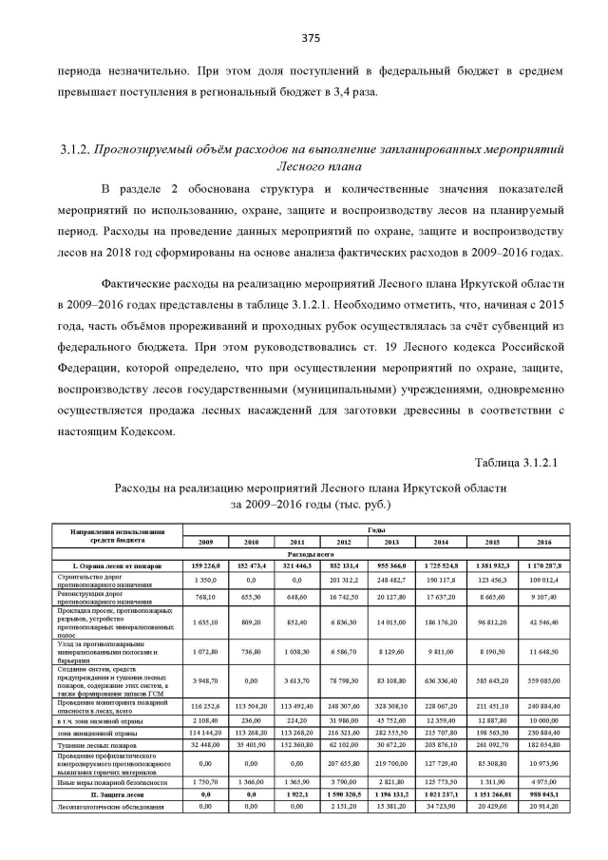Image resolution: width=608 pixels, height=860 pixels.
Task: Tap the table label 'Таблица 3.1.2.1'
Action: (521, 463)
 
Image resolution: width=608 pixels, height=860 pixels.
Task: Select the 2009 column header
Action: (205, 541)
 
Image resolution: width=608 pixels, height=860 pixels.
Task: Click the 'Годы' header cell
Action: (374, 530)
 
